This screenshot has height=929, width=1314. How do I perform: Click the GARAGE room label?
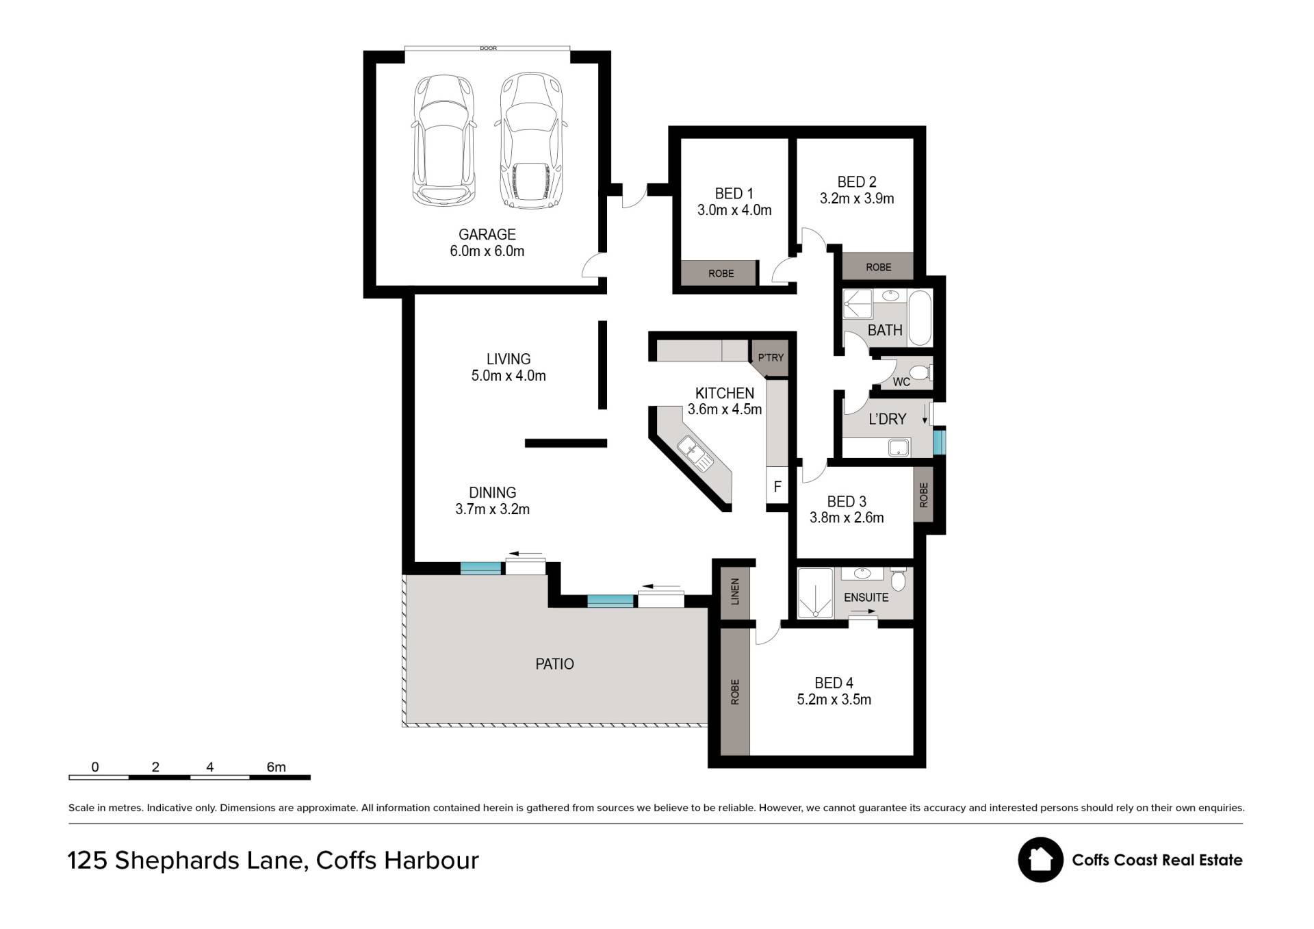487,234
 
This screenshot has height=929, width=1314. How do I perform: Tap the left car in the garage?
443,140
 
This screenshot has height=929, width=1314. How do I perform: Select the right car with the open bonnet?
531,140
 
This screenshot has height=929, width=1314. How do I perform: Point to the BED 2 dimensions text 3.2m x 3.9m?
857,199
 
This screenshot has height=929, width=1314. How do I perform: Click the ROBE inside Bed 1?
720,273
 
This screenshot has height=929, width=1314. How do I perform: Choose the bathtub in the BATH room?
920,318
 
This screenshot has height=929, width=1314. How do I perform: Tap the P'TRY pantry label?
771,357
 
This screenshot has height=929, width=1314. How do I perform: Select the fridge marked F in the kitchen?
777,487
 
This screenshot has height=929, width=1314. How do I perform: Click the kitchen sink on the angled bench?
695,453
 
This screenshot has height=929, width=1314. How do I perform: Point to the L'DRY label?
887,419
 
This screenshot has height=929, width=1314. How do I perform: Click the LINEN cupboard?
736,591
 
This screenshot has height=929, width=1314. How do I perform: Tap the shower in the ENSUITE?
816,593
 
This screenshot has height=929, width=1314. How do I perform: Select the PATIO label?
554,664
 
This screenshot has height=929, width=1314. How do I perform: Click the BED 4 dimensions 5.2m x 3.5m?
834,700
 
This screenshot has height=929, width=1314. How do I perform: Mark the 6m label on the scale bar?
276,767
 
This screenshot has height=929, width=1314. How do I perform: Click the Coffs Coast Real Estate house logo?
1040,860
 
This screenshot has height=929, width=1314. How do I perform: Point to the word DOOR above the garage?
488,49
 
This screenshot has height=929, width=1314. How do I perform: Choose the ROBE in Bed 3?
923,495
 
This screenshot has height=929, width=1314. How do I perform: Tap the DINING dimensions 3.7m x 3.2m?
492,509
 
